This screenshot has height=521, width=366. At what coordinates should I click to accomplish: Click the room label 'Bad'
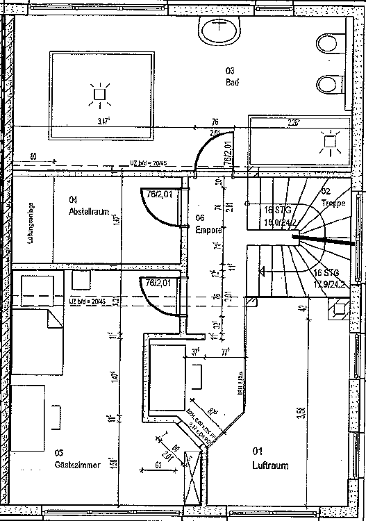tap(232, 82)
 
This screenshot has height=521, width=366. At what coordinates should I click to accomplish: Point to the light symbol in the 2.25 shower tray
tap(328, 143)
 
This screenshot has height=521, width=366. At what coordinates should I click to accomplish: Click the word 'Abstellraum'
tap(89, 213)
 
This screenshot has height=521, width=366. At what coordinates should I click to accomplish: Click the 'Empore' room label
tap(209, 229)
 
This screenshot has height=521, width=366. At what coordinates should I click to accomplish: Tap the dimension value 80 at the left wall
tap(33, 156)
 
